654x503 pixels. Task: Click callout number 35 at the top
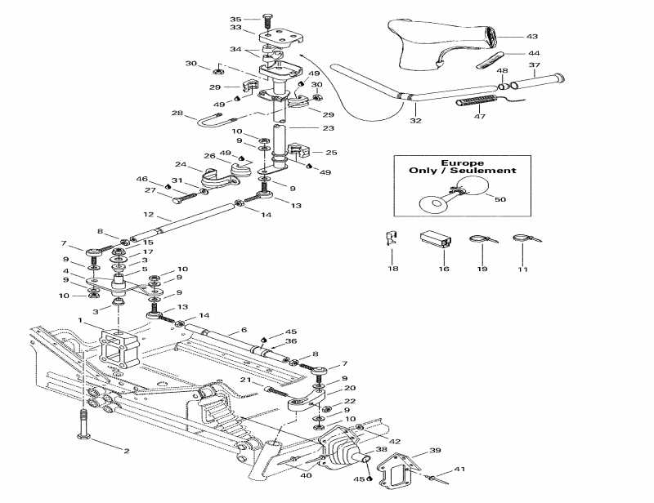click(x=235, y=19)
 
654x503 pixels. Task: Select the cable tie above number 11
click(x=521, y=240)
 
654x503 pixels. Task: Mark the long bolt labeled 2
click(x=83, y=427)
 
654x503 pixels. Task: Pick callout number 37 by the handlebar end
click(x=535, y=65)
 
